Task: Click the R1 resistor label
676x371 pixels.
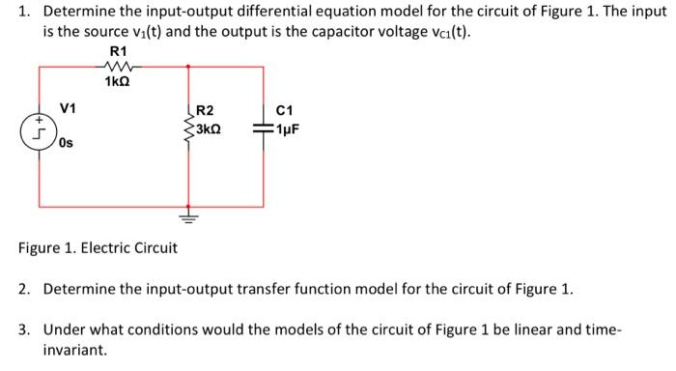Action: [x=118, y=50]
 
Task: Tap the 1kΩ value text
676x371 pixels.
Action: [x=118, y=81]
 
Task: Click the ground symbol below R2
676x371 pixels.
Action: [x=187, y=217]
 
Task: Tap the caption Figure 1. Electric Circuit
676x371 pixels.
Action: [x=98, y=248]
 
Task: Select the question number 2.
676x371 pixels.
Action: [x=24, y=289]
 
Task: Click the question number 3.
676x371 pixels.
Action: [x=24, y=329]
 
